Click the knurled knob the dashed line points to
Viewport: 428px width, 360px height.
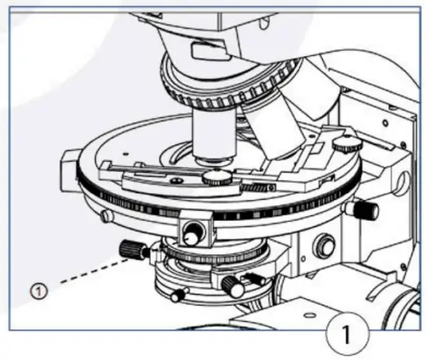point(132,250)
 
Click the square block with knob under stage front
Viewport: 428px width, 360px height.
point(195,229)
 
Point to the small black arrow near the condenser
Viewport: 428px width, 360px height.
point(254,277)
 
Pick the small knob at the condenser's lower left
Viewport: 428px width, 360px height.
point(178,294)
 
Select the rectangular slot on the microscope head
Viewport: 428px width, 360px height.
point(204,51)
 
